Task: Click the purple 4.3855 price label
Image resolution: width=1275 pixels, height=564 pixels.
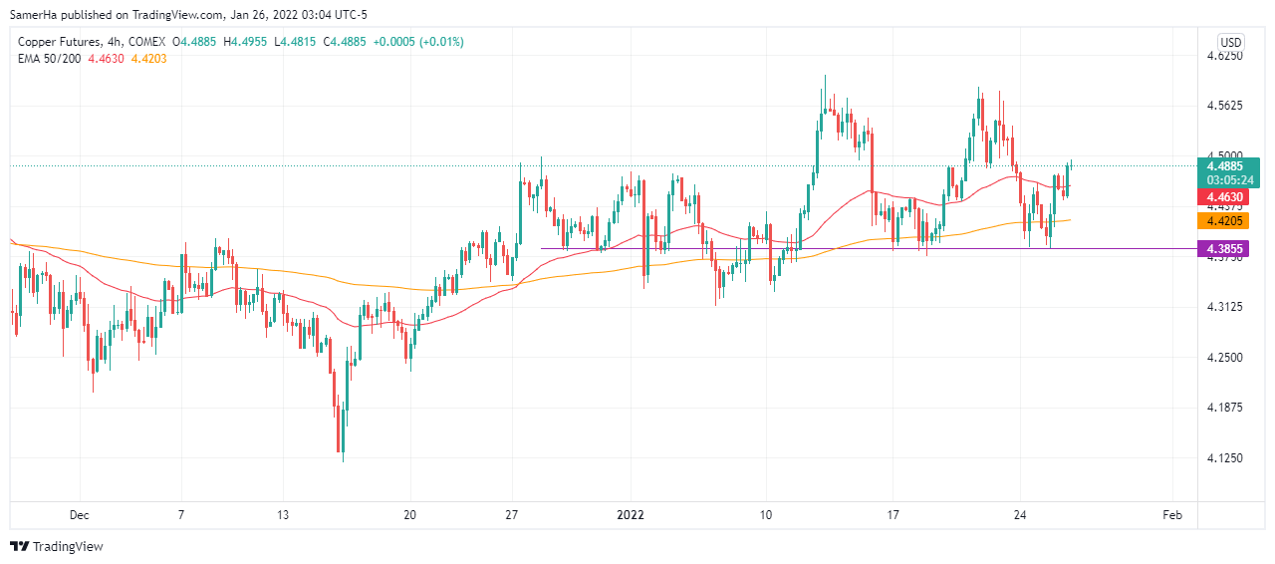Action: (x=1229, y=248)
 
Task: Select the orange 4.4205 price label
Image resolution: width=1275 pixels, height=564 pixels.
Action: (x=1229, y=220)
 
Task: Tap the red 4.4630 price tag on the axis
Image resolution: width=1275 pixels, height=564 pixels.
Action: (x=1229, y=198)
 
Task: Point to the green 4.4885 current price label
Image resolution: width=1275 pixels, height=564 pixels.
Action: (x=1229, y=165)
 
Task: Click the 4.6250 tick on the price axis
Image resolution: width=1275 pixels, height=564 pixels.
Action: (x=1225, y=56)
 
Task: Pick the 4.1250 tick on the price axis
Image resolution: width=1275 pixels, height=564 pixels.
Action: (x=1225, y=457)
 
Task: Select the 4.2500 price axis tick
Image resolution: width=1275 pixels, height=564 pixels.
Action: (x=1225, y=357)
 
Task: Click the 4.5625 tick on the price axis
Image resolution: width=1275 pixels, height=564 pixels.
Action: (x=1225, y=106)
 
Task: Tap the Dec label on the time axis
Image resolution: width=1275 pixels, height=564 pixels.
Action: (x=80, y=515)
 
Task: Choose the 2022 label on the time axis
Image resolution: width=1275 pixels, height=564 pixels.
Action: (x=631, y=515)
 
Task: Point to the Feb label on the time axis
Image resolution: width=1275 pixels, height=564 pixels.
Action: (x=1172, y=515)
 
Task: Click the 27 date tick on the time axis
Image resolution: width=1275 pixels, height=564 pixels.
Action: (x=512, y=515)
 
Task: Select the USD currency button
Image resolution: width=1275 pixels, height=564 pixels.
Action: (x=1231, y=42)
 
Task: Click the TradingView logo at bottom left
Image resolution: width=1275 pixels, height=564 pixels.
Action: (x=57, y=546)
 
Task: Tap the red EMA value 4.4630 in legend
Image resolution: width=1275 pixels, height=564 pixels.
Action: (x=107, y=59)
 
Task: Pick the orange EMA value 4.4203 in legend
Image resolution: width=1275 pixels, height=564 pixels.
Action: (x=148, y=59)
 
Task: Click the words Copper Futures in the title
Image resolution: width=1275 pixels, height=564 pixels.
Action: (x=55, y=42)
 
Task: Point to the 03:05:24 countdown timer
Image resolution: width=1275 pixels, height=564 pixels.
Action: (x=1229, y=180)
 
